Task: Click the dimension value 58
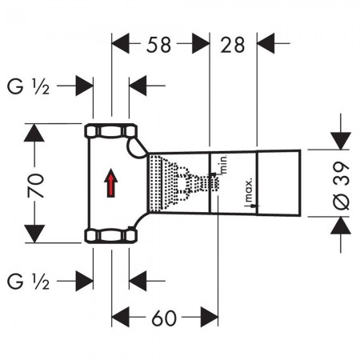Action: coord(158,45)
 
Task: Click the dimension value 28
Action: coord(232,45)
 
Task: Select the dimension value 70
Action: coord(35,186)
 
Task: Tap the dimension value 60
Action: coord(164,318)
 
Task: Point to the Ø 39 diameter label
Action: coord(341,185)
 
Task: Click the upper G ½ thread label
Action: coord(28,86)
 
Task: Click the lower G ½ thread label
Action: coord(28,282)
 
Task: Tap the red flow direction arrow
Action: coord(111,183)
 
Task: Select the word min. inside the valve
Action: coord(223,165)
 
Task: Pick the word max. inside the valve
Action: coord(249,190)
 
